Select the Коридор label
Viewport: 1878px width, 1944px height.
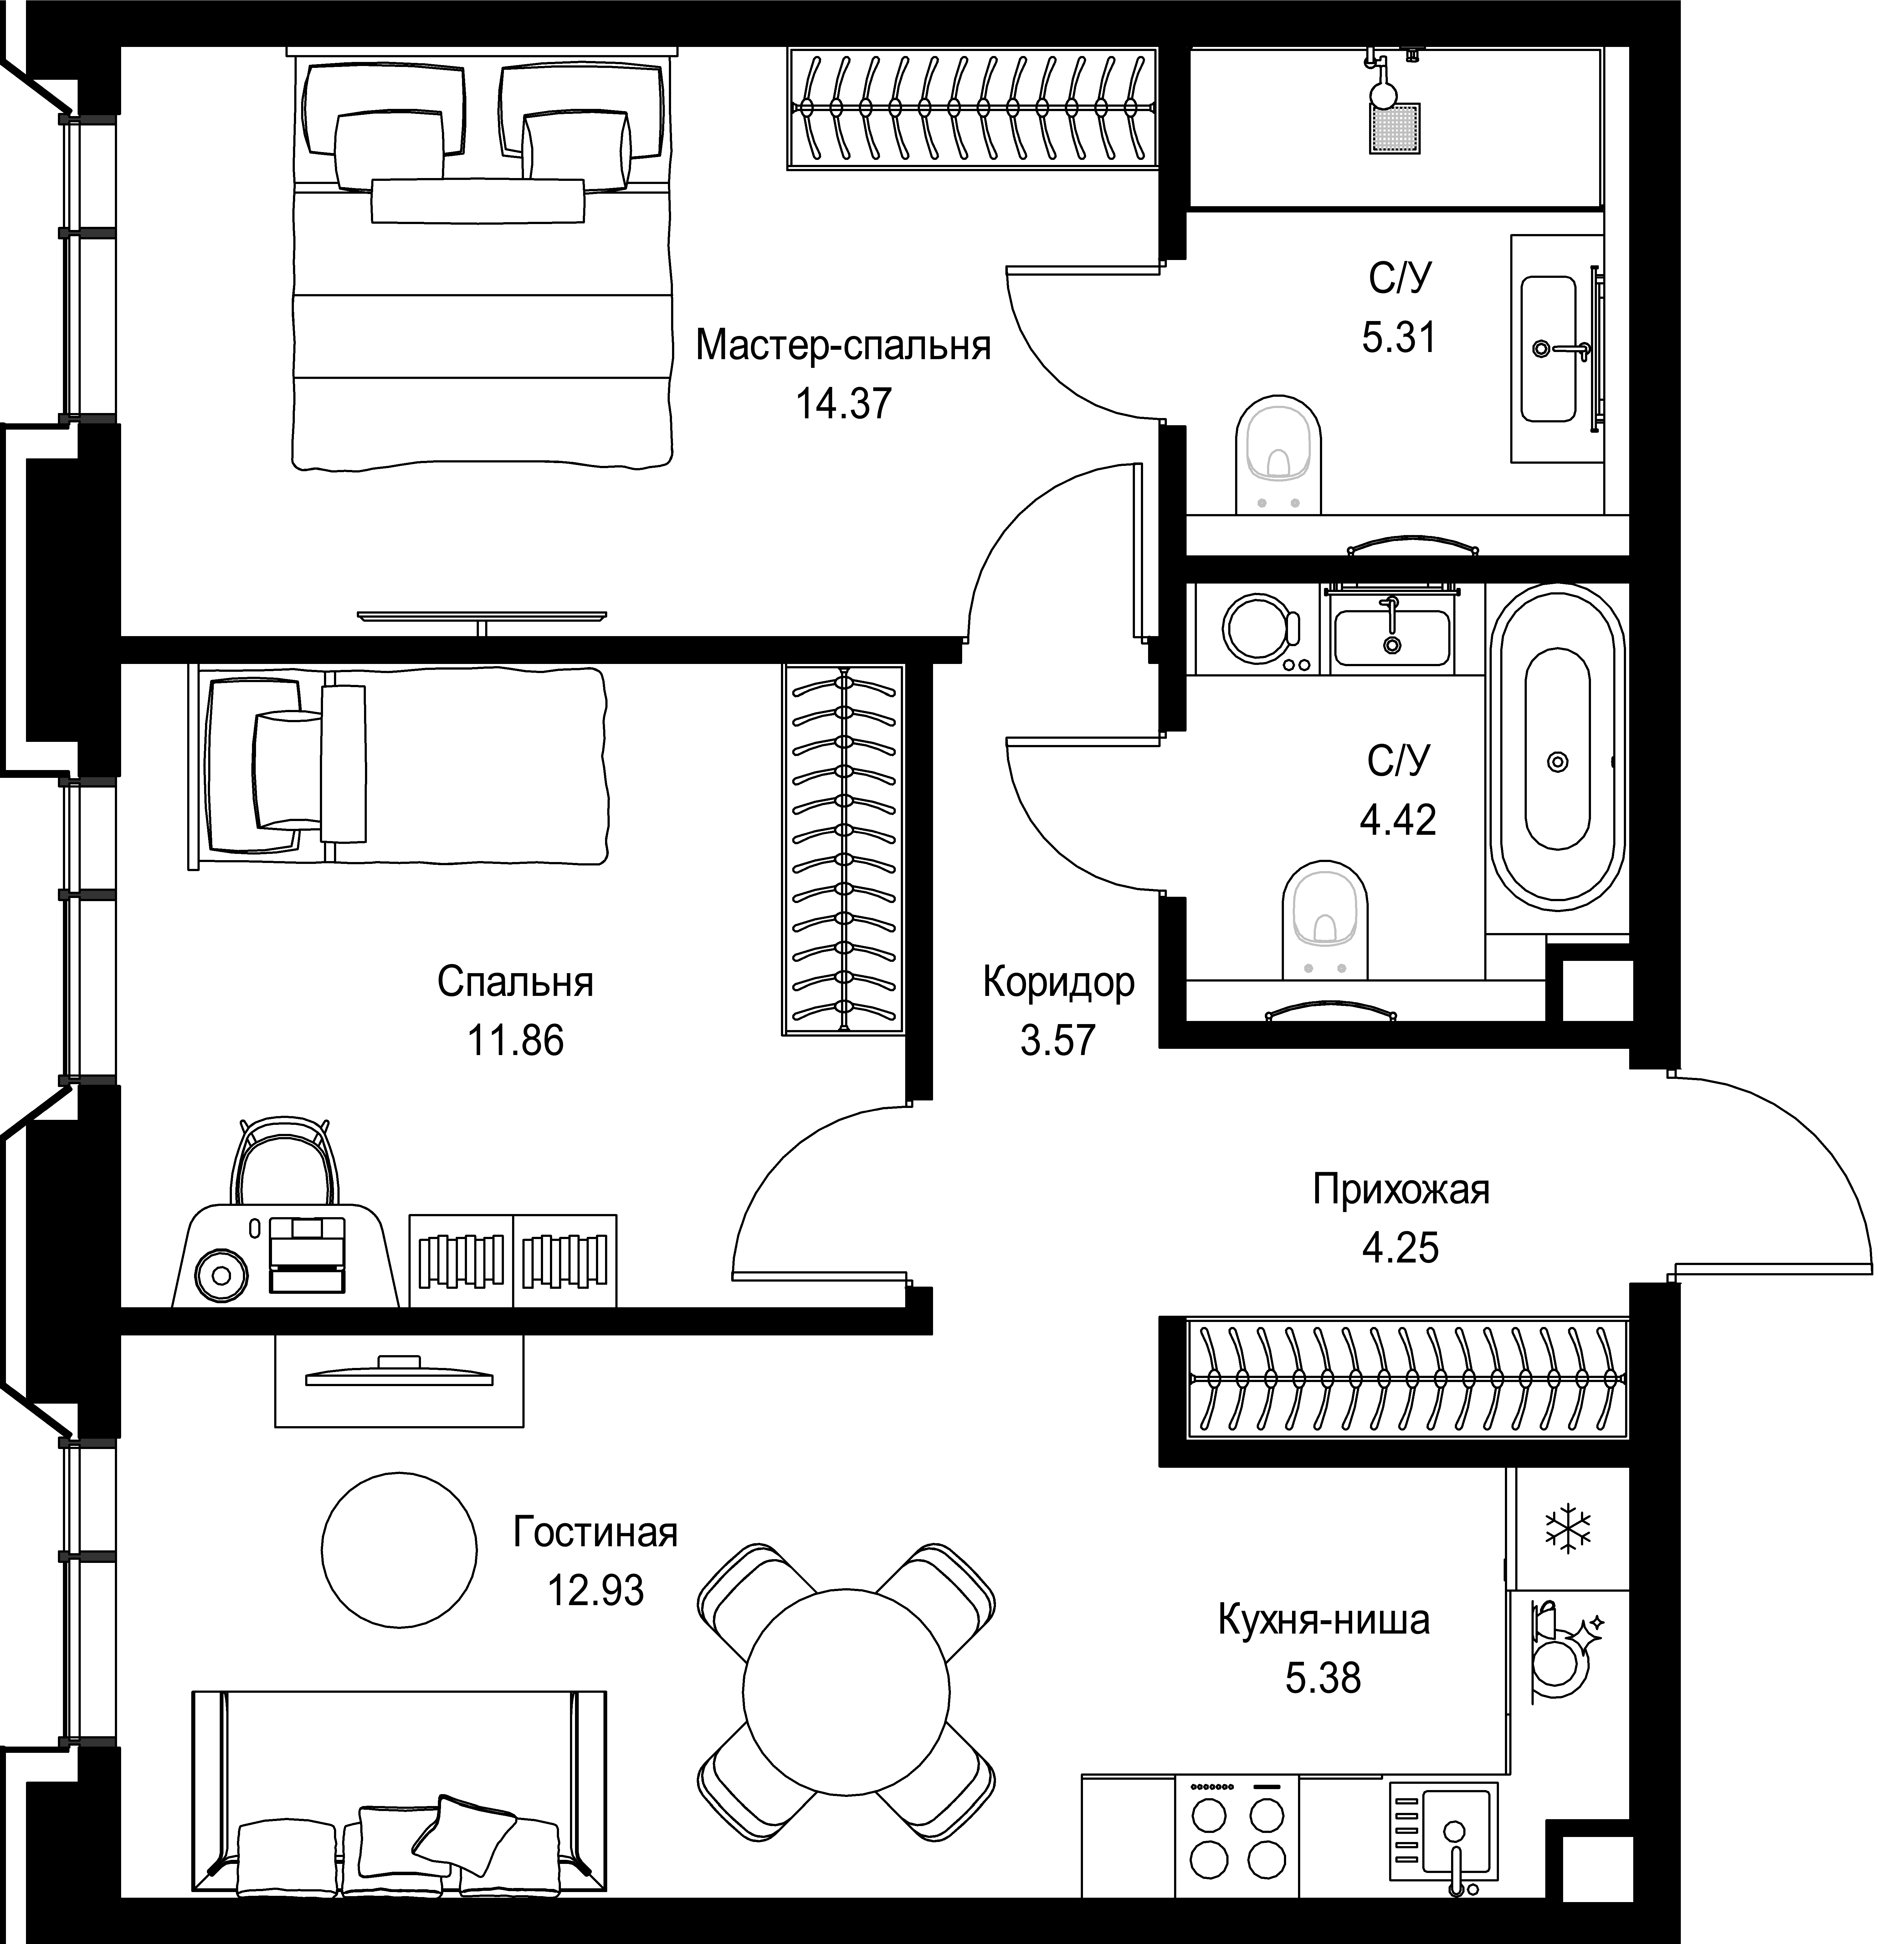(1059, 983)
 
